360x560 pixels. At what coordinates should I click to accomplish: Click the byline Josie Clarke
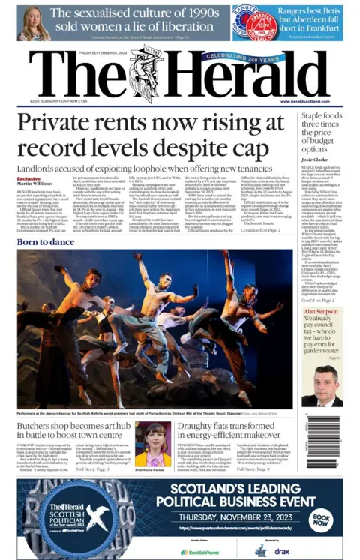316,159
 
